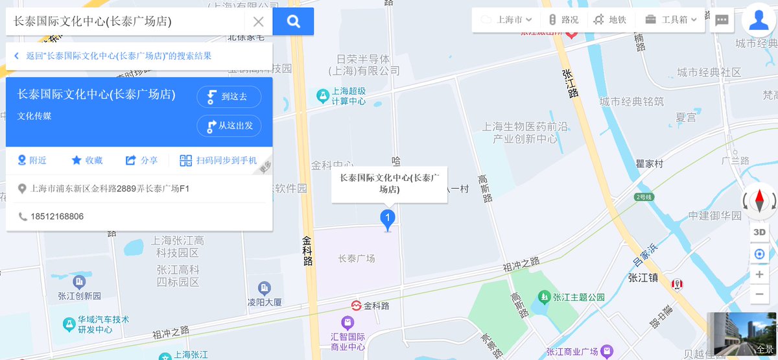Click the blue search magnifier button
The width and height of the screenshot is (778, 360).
pyautogui.click(x=293, y=21)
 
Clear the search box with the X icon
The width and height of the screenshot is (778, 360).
pyautogui.click(x=258, y=21)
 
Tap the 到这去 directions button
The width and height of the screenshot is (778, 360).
pyautogui.click(x=229, y=97)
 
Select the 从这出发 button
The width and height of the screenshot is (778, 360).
pyautogui.click(x=229, y=125)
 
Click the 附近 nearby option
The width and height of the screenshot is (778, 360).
pyautogui.click(x=32, y=160)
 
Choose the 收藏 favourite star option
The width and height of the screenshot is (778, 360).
pyautogui.click(x=87, y=160)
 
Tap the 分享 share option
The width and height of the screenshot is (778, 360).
pyautogui.click(x=141, y=160)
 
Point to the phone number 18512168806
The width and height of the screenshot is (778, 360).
pyautogui.click(x=57, y=216)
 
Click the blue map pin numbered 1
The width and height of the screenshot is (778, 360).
pyautogui.click(x=388, y=219)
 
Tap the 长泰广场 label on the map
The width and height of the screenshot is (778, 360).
pyautogui.click(x=357, y=259)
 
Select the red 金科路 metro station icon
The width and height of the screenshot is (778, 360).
pyautogui.click(x=356, y=305)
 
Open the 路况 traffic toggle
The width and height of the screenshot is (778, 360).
pyautogui.click(x=563, y=19)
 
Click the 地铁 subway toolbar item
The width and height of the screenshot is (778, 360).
pyautogui.click(x=609, y=19)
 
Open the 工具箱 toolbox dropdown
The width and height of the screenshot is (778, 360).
pyautogui.click(x=670, y=19)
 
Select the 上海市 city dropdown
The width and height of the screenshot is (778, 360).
pyautogui.click(x=509, y=19)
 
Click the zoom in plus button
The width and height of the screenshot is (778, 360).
pyautogui.click(x=759, y=274)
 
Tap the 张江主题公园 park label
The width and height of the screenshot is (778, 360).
pyautogui.click(x=578, y=297)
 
